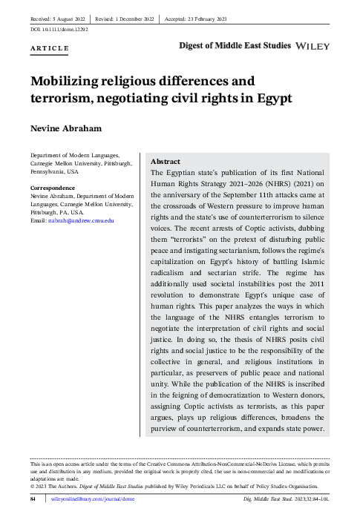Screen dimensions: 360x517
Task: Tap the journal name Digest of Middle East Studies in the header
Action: click(x=235, y=46)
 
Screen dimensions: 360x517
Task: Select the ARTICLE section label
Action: click(x=50, y=49)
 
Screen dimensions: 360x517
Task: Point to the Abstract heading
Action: click(x=166, y=161)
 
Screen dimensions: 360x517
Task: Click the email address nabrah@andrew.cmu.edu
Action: click(x=82, y=221)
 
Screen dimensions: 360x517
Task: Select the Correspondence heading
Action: click(x=54, y=188)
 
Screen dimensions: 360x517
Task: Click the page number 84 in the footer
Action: click(x=33, y=502)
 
